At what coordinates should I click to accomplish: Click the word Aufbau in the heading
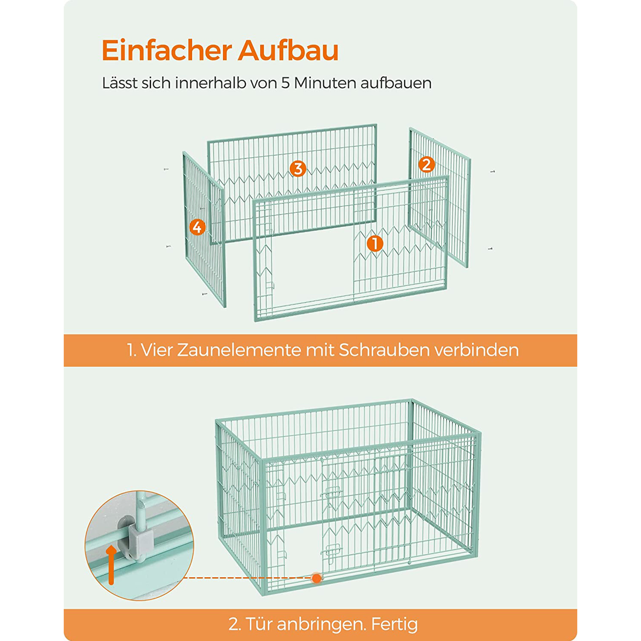[x=288, y=50]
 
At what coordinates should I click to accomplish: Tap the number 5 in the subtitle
[x=285, y=83]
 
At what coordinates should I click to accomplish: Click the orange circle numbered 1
[x=375, y=244]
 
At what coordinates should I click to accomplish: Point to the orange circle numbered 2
[x=426, y=165]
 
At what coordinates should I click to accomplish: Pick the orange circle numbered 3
[x=298, y=168]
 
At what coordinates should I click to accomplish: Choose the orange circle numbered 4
[x=197, y=227]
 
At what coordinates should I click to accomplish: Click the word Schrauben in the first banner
[x=384, y=350]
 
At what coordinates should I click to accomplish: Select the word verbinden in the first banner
[x=476, y=350]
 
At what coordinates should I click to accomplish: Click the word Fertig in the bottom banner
[x=394, y=624]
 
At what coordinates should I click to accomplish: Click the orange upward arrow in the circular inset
[x=111, y=564]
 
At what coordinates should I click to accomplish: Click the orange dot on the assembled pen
[x=316, y=578]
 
